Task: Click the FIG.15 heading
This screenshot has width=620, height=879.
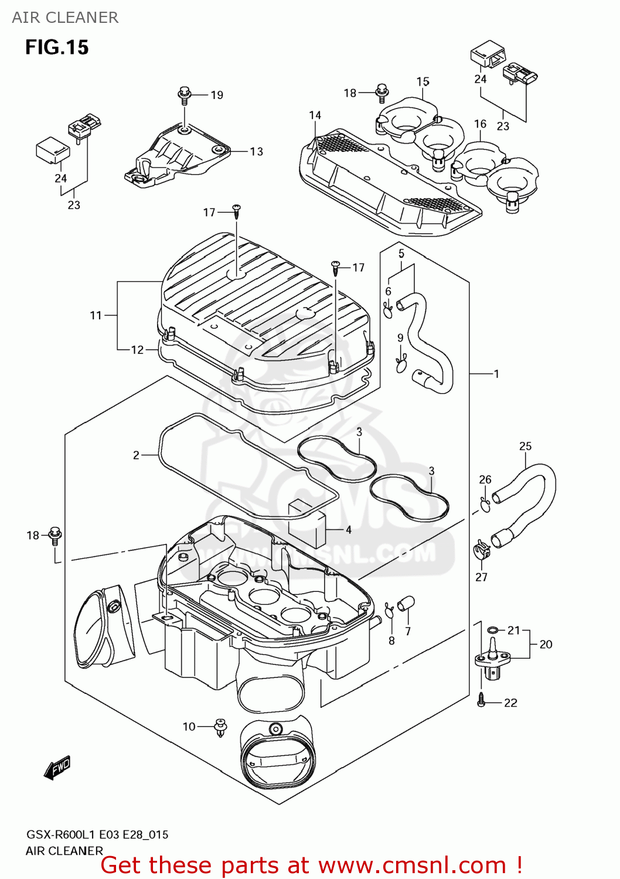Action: pos(57,47)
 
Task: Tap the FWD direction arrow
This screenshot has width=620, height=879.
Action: pos(57,767)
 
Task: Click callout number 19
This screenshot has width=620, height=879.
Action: pos(217,95)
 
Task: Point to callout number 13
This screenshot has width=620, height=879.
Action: pos(256,152)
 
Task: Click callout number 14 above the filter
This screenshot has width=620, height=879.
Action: pos(315,115)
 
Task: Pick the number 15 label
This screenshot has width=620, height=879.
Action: pos(423,82)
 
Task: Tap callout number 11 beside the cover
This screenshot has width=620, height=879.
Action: pos(96,316)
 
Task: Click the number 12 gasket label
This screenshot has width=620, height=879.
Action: pos(137,350)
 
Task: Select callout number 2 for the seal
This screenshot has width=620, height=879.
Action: pos(136,455)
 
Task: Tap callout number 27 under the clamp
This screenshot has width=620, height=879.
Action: pos(481,577)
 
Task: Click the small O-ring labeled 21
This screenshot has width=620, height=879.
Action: pos(493,630)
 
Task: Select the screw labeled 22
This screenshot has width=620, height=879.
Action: pos(482,700)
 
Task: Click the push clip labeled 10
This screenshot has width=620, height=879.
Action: pos(221,727)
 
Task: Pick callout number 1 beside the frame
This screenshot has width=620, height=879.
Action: pos(496,374)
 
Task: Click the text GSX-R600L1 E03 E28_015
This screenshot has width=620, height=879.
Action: pos(97,834)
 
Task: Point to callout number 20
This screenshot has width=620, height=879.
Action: pos(546,645)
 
